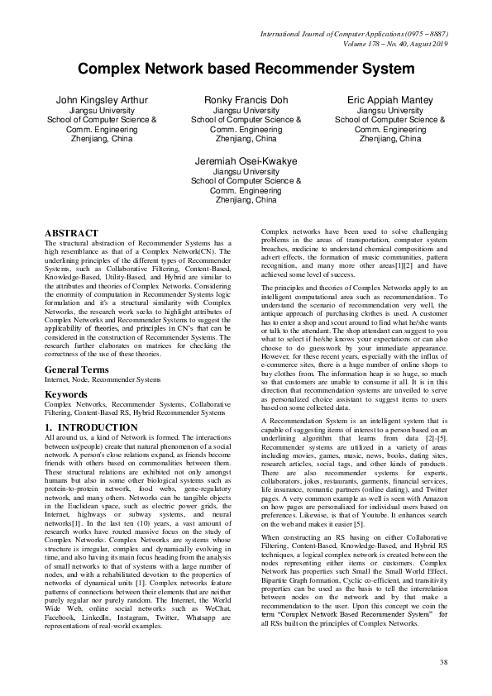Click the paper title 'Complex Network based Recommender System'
tap(246, 69)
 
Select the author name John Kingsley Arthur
tap(102, 100)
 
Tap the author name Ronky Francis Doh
tap(246, 100)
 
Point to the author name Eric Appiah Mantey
tap(390, 100)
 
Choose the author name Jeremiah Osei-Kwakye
tap(246, 160)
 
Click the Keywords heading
tap(66, 394)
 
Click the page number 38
tap(443, 662)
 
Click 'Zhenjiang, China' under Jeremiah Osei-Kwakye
tap(246, 200)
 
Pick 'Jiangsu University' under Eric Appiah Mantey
tap(390, 110)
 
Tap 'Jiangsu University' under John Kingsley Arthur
tap(102, 110)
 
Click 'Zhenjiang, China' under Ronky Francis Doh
tap(246, 140)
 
